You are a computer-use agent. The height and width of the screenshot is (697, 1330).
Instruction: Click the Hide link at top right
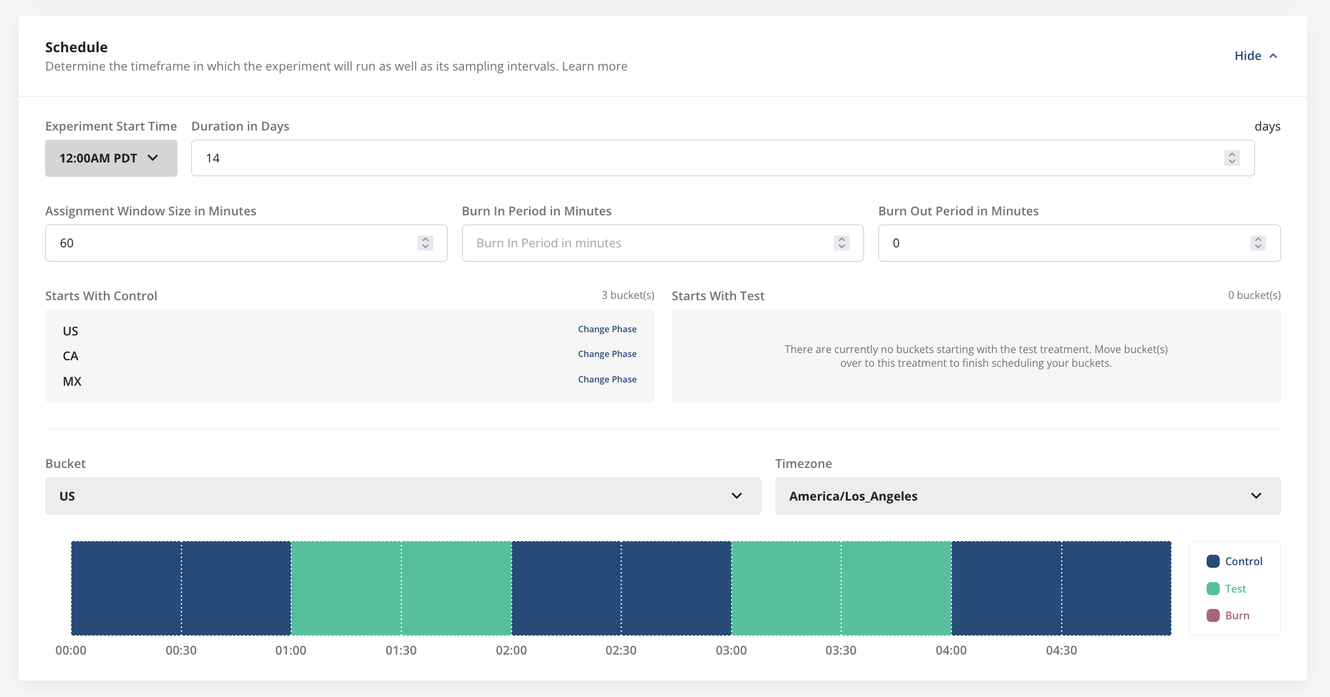1255,56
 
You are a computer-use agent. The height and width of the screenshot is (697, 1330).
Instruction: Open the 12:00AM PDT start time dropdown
111,158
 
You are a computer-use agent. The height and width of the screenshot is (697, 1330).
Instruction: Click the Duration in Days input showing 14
705,158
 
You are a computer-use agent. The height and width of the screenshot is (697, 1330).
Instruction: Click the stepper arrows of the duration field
1231,158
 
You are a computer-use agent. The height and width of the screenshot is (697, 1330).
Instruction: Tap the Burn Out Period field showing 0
1064,243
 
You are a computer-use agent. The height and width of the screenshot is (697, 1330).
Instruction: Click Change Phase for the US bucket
607,330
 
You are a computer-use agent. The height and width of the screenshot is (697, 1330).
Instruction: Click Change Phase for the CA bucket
607,354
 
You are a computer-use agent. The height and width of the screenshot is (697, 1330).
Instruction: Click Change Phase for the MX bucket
607,380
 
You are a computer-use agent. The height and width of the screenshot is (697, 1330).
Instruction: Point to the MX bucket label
72,382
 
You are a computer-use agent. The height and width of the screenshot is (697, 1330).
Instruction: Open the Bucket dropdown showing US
403,496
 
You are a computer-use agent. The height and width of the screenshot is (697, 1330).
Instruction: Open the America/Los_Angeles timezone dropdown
1027,496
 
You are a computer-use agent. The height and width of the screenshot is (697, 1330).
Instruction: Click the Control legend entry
1235,561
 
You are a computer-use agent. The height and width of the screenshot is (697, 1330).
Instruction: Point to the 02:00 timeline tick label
511,651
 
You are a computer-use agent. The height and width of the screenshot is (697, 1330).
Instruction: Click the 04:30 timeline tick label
1061,651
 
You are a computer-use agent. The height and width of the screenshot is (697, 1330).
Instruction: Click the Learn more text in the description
595,67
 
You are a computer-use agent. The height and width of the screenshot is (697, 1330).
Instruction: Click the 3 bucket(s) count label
627,296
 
